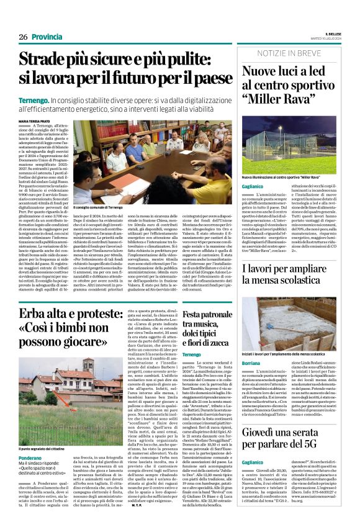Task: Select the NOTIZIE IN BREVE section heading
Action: [x=289, y=53]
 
